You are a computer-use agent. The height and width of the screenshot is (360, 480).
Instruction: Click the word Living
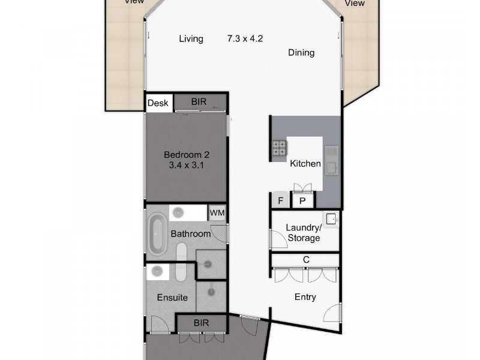pos(191,39)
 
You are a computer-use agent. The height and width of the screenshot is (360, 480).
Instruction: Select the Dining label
pos(301,53)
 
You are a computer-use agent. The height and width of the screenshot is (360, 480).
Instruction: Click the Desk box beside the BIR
pos(158,103)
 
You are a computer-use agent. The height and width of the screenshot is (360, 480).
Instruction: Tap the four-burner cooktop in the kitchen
pos(280,148)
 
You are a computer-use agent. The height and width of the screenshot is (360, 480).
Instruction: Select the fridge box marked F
pos(279,201)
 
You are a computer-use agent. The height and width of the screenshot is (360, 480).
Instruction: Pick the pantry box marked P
pos(302,201)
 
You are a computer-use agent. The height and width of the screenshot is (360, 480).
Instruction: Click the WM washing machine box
pos(217,213)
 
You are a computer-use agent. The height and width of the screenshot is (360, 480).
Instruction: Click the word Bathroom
pos(191,233)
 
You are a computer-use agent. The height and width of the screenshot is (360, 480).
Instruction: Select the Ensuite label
pos(173,298)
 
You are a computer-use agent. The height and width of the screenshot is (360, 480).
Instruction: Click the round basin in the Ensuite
pos(158,271)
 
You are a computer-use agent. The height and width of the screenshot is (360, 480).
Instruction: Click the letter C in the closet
pos(305,260)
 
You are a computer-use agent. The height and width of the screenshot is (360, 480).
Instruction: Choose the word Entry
pos(305,297)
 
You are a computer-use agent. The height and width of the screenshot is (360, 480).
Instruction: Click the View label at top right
pos(355,3)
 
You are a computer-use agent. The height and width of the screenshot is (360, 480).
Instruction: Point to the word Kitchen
pos(305,164)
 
